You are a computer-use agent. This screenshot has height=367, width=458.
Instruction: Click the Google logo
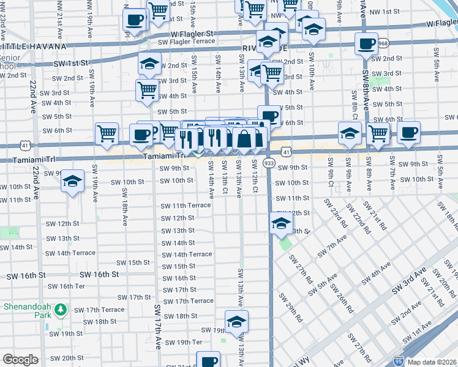click(x=20, y=360)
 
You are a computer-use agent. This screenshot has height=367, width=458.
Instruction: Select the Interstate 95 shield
click(x=399, y=361)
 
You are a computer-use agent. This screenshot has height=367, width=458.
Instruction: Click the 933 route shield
click(x=269, y=163)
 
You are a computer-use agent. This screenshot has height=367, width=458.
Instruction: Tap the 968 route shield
click(x=383, y=43)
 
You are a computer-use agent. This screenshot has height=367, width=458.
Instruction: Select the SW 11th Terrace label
click(x=186, y=206)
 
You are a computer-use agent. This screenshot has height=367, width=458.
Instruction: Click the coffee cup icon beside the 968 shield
click(x=366, y=43)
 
